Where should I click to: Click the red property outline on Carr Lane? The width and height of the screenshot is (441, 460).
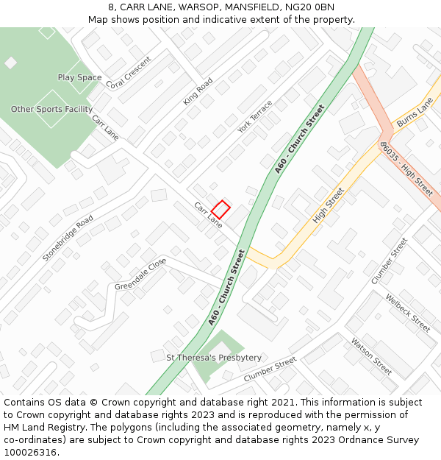tap(220, 208)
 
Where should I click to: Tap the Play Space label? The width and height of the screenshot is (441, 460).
tap(79, 77)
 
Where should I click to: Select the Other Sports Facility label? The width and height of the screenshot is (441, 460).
tap(51, 109)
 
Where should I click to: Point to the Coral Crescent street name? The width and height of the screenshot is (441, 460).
tap(129, 73)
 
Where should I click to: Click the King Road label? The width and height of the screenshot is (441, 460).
tap(198, 91)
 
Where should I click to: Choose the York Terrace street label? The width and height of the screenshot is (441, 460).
tap(254, 116)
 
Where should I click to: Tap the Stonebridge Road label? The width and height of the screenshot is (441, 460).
tap(68, 238)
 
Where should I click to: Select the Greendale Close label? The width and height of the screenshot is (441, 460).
tap(140, 275)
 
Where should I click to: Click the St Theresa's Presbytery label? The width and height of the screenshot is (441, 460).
tap(214, 358)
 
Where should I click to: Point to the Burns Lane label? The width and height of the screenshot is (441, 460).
tap(415, 113)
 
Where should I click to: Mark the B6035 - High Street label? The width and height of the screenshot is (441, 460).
tap(406, 169)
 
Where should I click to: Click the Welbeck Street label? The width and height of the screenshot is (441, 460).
tap(408, 313)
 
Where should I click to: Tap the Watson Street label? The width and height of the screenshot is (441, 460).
tap(371, 355)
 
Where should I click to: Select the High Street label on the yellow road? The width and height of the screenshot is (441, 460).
tap(329, 205)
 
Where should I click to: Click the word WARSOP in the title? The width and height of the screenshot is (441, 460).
tap(194, 7)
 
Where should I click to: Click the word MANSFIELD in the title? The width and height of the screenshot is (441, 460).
tap(248, 7)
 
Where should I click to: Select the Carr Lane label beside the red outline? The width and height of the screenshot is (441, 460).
tap(208, 214)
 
